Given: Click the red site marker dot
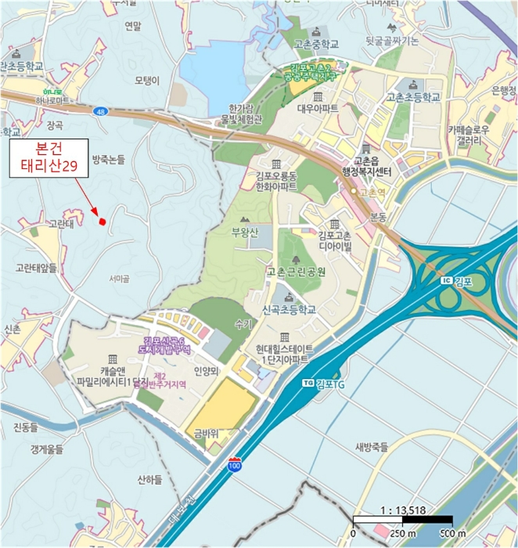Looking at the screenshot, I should [x=102, y=222].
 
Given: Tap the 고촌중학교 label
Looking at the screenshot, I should [x=316, y=45].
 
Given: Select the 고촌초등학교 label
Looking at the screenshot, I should [x=413, y=97].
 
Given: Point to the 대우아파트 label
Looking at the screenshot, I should [x=317, y=109].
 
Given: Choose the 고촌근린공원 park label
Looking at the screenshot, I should [x=296, y=272].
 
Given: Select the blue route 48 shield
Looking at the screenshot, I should [x=101, y=112].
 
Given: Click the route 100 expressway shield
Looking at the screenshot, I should [x=235, y=465].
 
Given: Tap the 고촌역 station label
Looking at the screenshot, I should [x=370, y=191].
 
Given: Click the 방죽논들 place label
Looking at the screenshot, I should [x=109, y=159].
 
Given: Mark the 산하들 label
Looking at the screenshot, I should [x=148, y=478].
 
